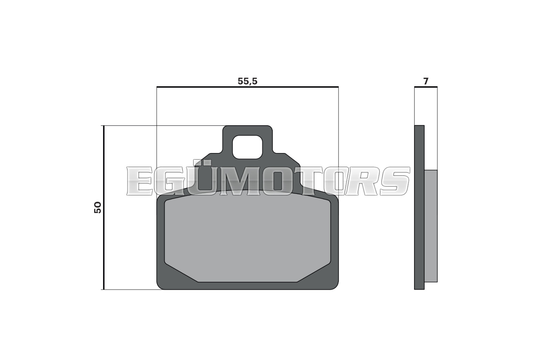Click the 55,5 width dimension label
[247, 81]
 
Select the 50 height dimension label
[98, 207]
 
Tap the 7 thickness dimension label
[426, 81]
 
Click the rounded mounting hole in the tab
[247, 147]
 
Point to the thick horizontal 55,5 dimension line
[248, 87]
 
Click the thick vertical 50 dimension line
[104, 207]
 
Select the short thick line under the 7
[426, 87]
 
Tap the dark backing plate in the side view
[419, 207]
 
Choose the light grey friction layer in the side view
[431, 226]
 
